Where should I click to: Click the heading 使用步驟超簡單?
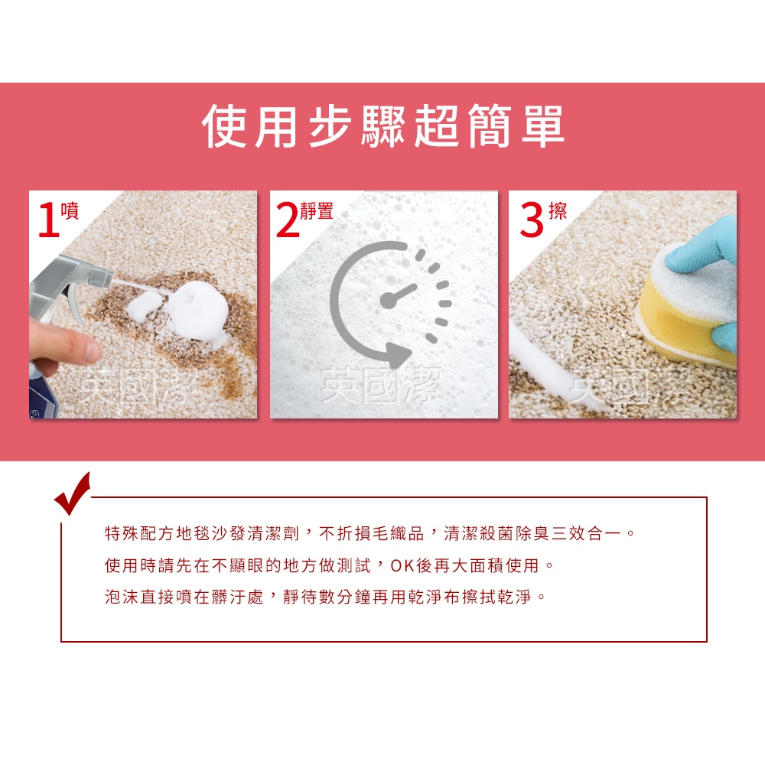[x=383, y=126]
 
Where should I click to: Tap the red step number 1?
[x=48, y=220]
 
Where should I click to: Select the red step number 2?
[x=288, y=220]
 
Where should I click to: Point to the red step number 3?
[x=532, y=220]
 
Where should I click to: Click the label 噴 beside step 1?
[x=70, y=211]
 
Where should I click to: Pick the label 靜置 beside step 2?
[x=317, y=211]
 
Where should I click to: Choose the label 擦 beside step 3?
[x=558, y=211]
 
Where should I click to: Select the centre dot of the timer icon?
[x=389, y=301]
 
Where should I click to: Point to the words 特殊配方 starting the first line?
[x=140, y=534]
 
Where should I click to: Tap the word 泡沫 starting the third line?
[x=122, y=597]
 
